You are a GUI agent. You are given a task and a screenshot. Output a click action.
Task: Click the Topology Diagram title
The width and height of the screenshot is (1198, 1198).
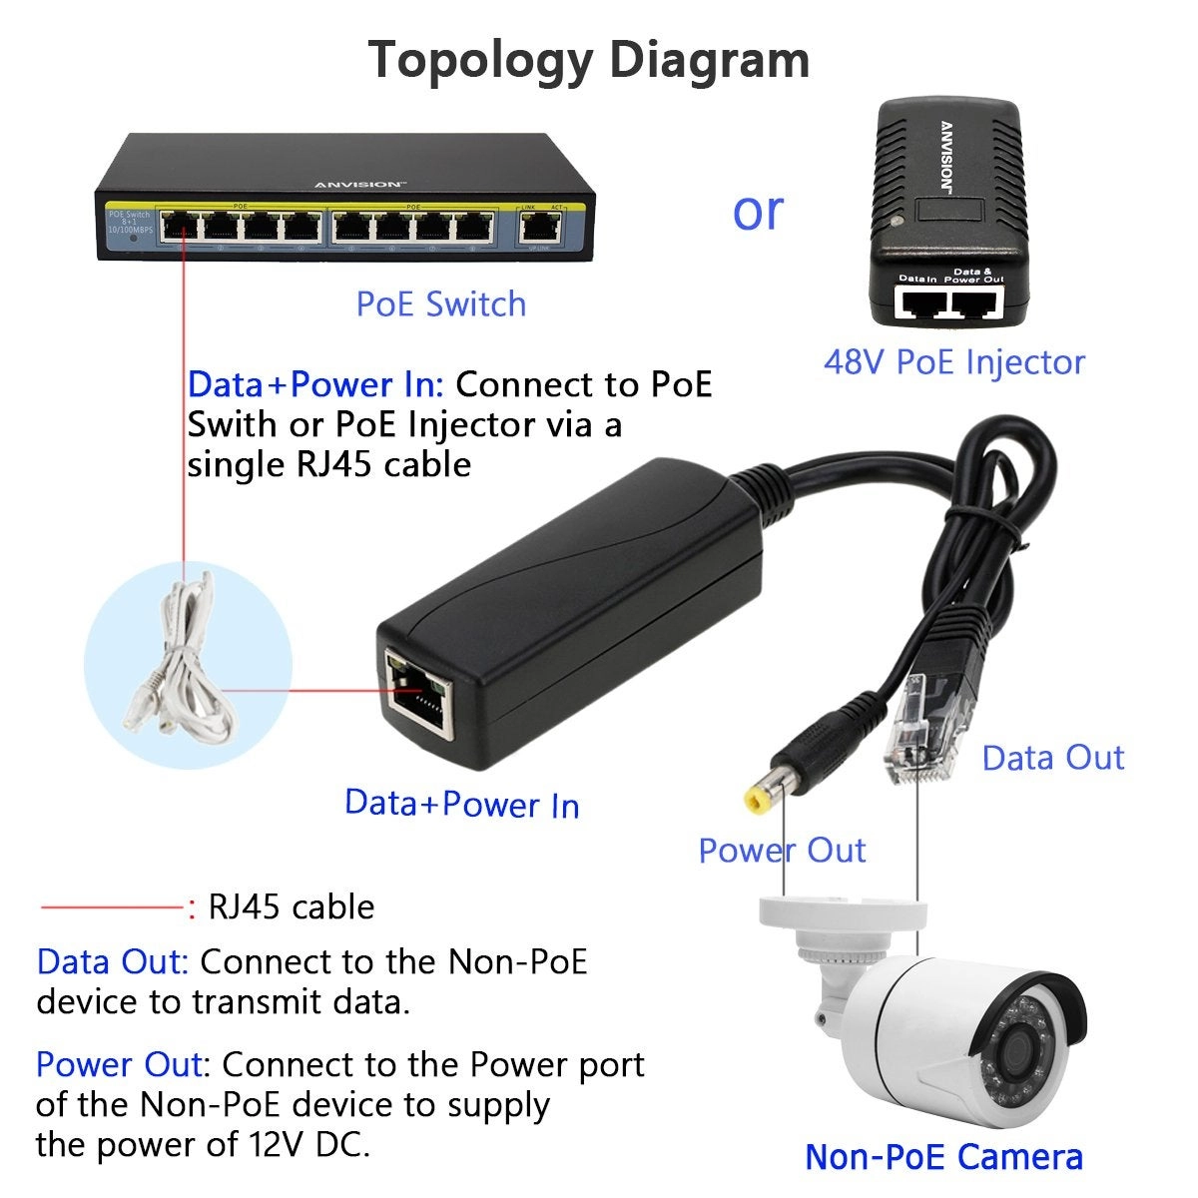(x=589, y=59)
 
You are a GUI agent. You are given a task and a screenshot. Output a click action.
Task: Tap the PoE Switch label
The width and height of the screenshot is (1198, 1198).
(x=440, y=303)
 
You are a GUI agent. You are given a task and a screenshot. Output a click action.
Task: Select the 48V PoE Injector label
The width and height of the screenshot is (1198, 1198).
(x=953, y=361)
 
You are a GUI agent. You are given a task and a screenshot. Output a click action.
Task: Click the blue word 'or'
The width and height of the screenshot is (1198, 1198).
(x=758, y=211)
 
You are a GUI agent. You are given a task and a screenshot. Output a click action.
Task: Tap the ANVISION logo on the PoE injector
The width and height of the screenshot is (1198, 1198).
(x=945, y=155)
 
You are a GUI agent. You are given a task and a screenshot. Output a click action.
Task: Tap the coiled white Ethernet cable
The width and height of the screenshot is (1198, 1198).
(x=180, y=659)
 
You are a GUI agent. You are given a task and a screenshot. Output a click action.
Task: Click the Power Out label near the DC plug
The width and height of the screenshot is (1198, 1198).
(x=781, y=850)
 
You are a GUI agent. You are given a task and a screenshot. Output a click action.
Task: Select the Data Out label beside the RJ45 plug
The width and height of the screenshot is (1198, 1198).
(x=1052, y=757)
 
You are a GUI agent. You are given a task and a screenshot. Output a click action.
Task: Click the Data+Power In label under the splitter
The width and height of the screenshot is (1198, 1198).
(x=461, y=804)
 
